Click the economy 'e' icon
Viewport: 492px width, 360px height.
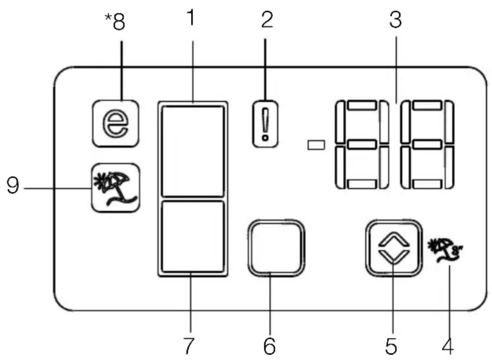point(115,124)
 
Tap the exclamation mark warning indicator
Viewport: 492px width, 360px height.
point(266,124)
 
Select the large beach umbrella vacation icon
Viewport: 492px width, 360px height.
point(115,188)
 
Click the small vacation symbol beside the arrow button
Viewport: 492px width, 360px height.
point(445,249)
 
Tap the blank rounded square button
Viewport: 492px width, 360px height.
point(276,248)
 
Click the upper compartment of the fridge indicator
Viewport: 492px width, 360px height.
point(193,151)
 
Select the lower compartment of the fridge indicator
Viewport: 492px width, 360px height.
point(193,236)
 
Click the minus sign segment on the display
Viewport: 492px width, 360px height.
point(316,145)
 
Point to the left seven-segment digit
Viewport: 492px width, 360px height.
point(362,145)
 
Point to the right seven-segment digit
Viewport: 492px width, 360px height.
point(427,145)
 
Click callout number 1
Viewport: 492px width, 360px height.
point(191,18)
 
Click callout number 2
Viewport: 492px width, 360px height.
point(267,19)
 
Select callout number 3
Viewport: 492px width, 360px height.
point(396,19)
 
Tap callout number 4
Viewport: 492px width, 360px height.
point(448,345)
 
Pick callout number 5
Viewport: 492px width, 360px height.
point(391,346)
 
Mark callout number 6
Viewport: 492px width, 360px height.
point(270,346)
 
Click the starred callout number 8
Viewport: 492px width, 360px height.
point(115,22)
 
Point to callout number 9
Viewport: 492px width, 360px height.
point(13,185)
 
